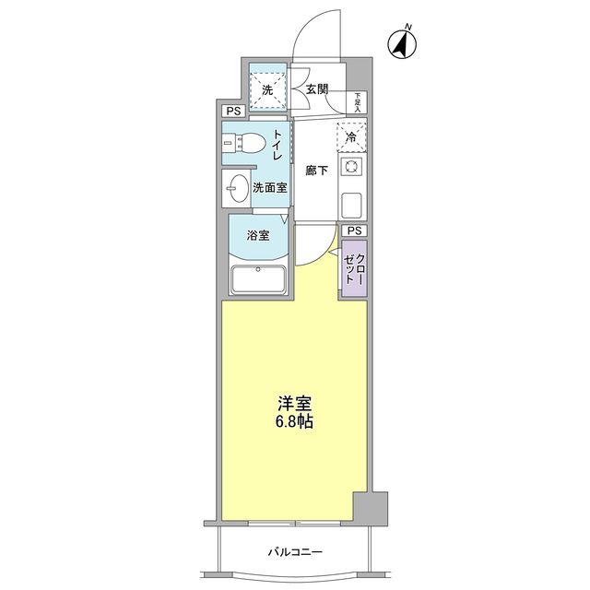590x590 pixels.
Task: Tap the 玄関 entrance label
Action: tap(318, 89)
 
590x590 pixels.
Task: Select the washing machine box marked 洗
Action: tap(267, 90)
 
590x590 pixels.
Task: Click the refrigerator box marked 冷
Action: tap(351, 136)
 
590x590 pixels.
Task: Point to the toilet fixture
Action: tap(242, 145)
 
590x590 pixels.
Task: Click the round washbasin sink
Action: tap(238, 184)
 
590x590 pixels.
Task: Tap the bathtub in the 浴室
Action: tap(260, 279)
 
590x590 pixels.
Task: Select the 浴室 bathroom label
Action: tap(259, 235)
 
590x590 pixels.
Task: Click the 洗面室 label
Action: tap(270, 187)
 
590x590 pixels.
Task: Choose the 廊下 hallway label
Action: tap(318, 171)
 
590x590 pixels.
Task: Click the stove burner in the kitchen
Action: tap(351, 167)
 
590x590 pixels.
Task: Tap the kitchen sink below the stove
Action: tap(351, 202)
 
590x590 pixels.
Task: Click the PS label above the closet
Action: tap(354, 230)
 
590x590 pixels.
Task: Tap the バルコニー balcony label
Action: tap(295, 552)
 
